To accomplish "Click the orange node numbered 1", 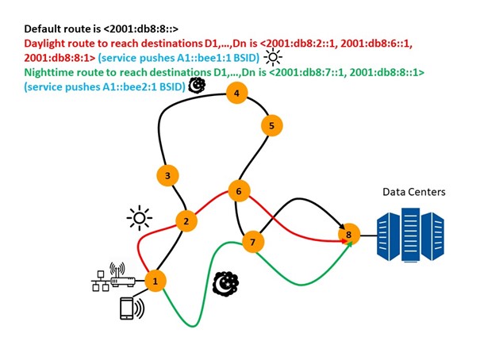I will click(156, 280).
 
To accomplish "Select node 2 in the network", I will click(186, 221).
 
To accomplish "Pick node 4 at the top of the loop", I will click(236, 94).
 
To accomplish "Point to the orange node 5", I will click(271, 125).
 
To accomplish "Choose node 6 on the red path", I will click(239, 191).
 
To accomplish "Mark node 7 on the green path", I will click(252, 241).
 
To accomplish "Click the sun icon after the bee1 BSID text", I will click(272, 56).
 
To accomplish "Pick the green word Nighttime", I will click(51, 72).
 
